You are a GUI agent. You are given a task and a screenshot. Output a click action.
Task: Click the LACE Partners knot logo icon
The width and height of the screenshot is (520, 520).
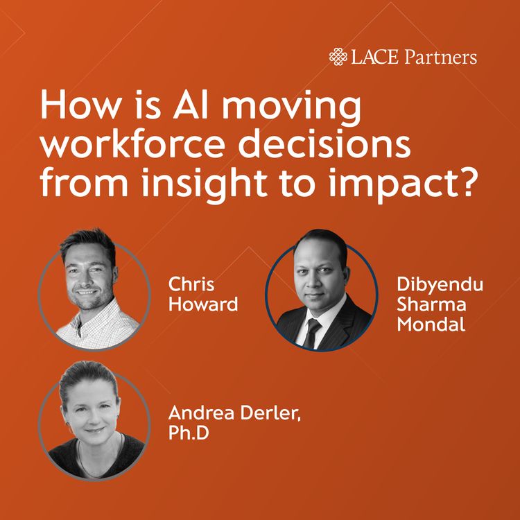coord(338,57)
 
